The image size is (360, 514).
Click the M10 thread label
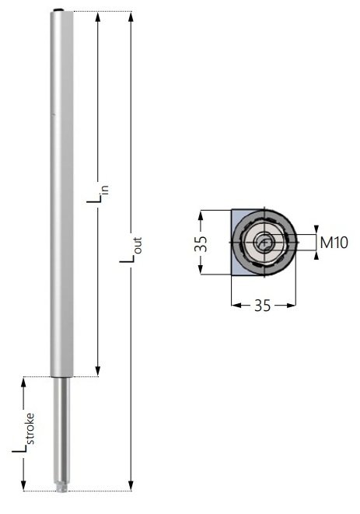(334, 243)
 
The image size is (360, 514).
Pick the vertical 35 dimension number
(200, 243)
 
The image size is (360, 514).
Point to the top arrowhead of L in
(98, 17)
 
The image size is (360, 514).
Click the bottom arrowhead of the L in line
(98, 372)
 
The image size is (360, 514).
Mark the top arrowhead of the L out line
(130, 17)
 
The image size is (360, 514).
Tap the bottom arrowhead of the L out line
(130, 486)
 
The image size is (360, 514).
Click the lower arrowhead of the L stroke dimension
(26, 486)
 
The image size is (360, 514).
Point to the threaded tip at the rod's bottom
(61, 488)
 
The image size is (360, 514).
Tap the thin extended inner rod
(60, 428)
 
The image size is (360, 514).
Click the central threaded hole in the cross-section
(265, 243)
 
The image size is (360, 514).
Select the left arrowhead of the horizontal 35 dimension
(235, 306)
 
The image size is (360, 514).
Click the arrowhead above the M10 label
(316, 230)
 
